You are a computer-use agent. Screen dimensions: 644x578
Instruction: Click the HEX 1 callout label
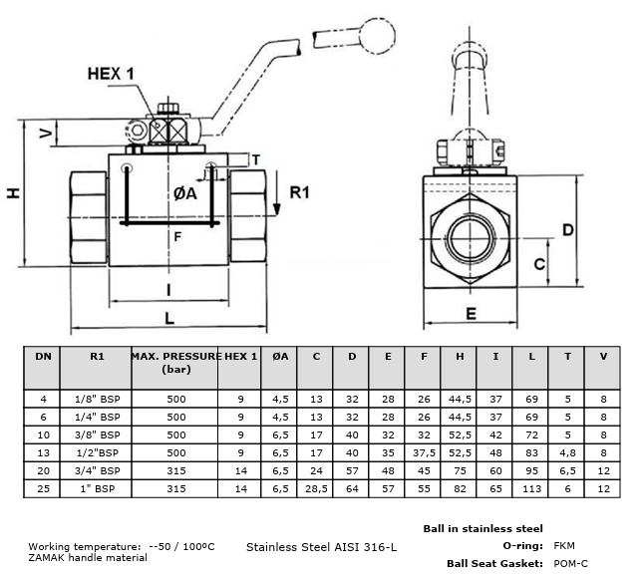111,74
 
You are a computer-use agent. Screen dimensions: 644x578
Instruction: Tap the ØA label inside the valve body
185,193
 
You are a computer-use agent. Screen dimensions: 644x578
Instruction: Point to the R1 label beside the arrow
299,192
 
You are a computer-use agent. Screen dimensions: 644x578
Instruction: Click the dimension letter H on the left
14,193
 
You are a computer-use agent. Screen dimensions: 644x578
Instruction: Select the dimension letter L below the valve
169,318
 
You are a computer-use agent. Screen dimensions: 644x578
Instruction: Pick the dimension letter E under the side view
472,314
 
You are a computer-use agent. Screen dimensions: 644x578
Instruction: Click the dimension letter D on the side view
567,230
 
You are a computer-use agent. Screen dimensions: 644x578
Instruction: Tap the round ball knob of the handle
377,36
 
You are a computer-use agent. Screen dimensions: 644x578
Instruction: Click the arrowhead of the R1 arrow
277,209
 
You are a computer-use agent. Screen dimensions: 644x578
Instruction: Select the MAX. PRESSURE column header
176,363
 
